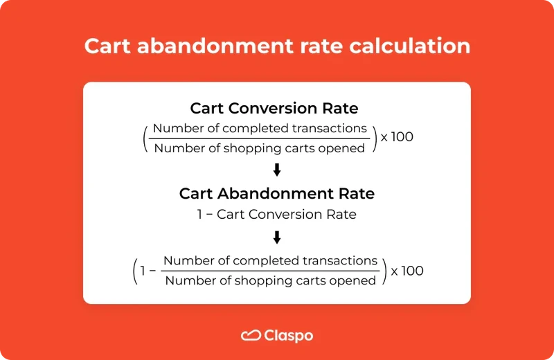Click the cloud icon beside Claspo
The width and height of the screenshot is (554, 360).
(x=250, y=336)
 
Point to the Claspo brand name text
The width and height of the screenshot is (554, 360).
(x=289, y=336)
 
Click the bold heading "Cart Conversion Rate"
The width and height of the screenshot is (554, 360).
(x=274, y=109)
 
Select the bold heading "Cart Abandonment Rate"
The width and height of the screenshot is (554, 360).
(x=277, y=194)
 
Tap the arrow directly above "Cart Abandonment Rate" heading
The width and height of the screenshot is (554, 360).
(x=277, y=170)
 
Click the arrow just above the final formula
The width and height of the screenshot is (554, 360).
(x=277, y=237)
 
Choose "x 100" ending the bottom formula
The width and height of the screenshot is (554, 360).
(x=407, y=271)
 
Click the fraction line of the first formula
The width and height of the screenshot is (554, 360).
(x=259, y=138)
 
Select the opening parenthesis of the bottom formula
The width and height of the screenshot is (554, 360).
(x=135, y=271)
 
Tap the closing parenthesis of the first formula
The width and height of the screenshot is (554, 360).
(x=375, y=138)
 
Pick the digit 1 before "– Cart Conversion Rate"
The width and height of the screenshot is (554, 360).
(x=201, y=215)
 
